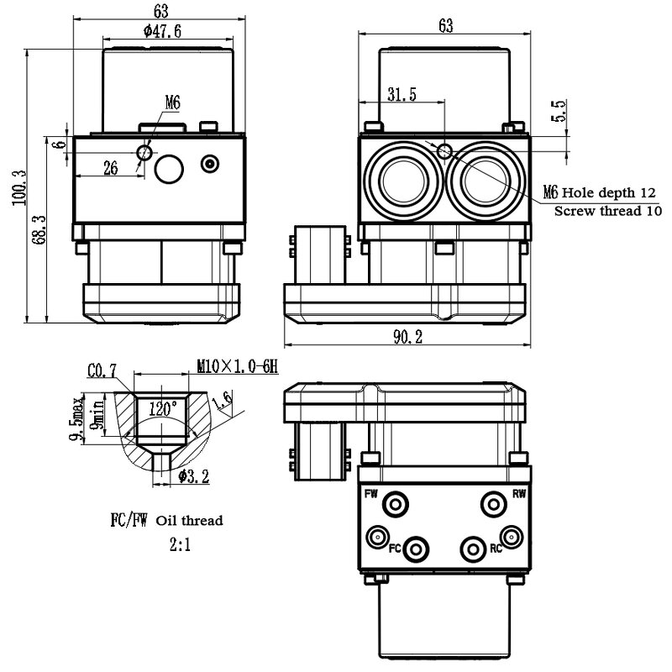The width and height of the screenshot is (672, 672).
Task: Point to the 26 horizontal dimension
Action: tap(110, 168)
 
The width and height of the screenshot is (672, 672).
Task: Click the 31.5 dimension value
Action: tap(401, 95)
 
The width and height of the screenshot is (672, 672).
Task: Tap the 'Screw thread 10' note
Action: tap(609, 210)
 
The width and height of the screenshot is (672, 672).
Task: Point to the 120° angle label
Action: tap(163, 409)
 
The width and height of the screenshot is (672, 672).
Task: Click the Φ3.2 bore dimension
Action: tap(192, 477)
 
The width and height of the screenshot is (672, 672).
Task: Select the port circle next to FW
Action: tap(395, 503)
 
